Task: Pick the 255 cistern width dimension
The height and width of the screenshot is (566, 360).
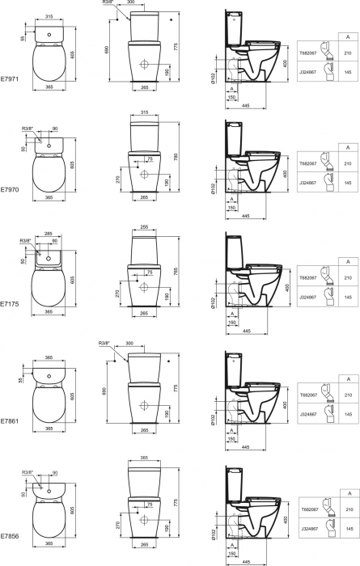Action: (144, 226)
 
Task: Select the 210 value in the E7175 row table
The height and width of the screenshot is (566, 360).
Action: (348, 277)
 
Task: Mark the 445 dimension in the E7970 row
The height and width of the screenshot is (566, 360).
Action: (243, 215)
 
